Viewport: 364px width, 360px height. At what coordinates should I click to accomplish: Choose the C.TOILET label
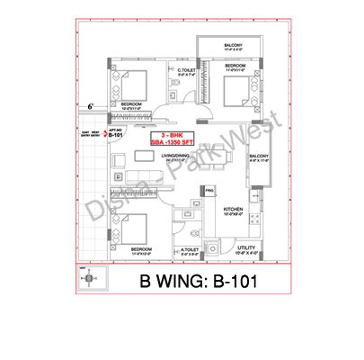click(x=187, y=70)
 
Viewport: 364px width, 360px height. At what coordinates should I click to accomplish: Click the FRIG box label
click(x=209, y=191)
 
